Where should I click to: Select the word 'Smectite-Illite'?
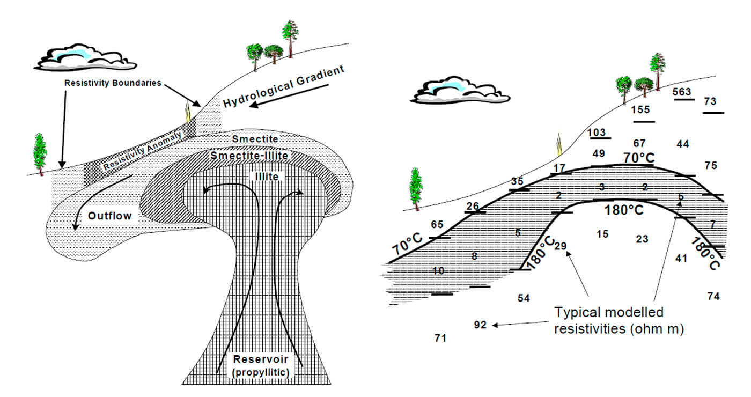(249, 156)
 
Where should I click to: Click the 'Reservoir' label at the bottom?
(260, 359)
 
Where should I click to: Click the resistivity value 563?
(682, 92)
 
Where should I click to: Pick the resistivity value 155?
(640, 109)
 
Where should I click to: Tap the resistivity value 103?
(597, 133)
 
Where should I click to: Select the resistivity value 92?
(481, 325)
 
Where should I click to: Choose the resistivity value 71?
(440, 338)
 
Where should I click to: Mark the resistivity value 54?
(524, 298)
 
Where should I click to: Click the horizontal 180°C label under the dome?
(624, 210)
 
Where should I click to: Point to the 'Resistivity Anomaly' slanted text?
(143, 151)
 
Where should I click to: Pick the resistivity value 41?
(681, 258)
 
